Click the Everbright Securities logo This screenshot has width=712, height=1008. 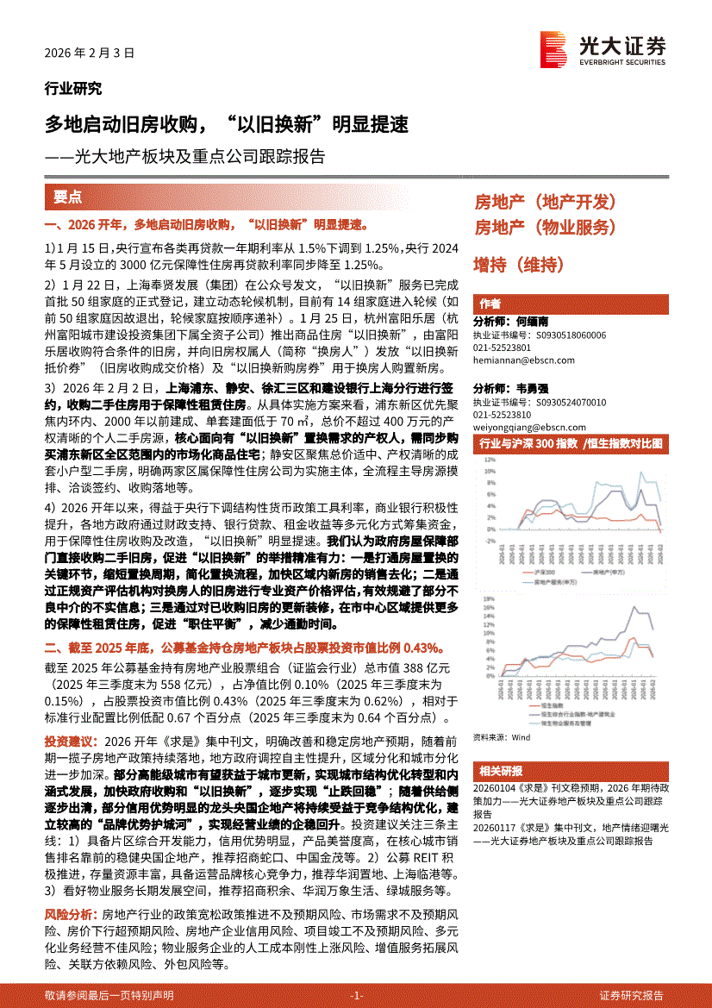603,49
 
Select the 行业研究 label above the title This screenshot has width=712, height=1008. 72,88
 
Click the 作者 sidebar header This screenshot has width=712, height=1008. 490,304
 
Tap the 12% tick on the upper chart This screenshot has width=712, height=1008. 489,459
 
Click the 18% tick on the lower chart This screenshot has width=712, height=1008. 489,598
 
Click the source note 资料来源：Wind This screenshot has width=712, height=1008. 502,737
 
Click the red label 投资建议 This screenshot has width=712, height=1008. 68,741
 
